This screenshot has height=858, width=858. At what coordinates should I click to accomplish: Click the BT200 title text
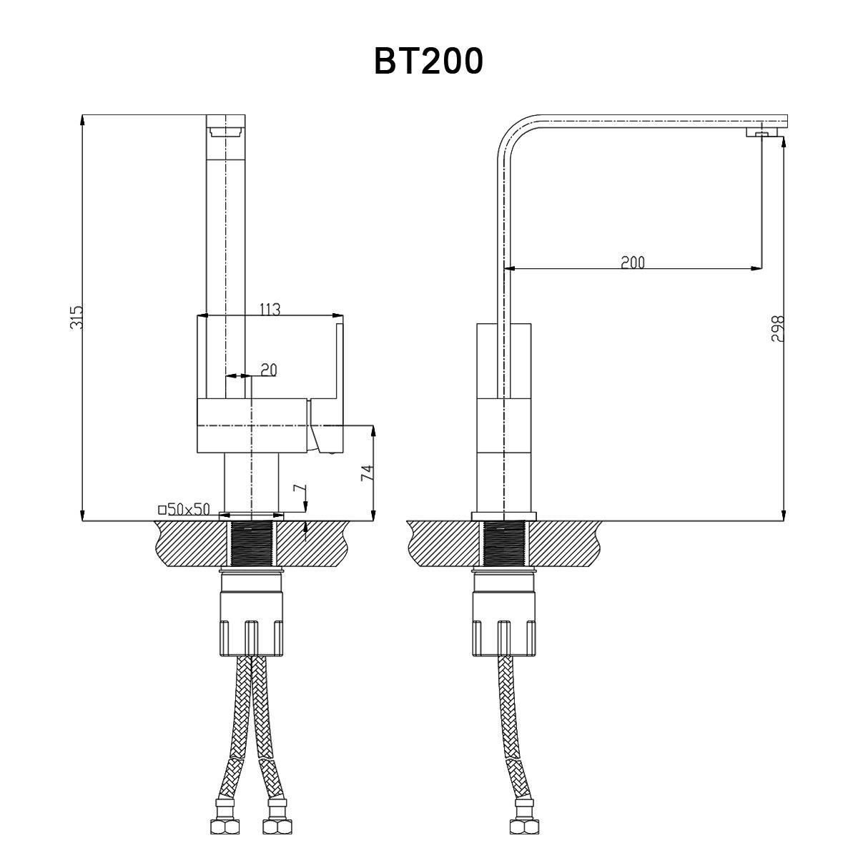tap(428, 61)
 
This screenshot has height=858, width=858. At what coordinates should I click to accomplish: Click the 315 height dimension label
tap(77, 317)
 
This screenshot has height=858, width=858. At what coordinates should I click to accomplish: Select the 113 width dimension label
tap(270, 309)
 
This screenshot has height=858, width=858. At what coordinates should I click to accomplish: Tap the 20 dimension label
tap(268, 370)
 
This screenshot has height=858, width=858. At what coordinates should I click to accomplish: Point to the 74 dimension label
tap(368, 473)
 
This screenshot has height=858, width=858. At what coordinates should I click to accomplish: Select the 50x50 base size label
tap(184, 509)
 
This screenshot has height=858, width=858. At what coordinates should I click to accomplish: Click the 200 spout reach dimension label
tap(632, 262)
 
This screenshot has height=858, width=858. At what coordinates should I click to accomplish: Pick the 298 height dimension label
tap(779, 328)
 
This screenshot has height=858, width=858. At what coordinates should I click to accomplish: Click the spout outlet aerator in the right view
tap(761, 132)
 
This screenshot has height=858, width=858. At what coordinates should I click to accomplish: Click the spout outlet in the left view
tap(226, 131)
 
